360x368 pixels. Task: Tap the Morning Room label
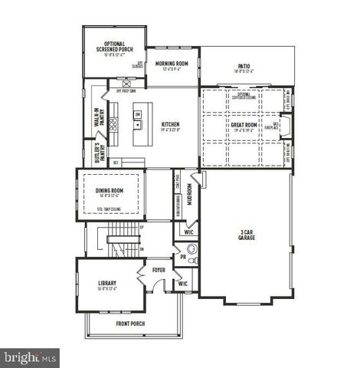[x=172, y=64]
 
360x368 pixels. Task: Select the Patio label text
[x=244, y=67]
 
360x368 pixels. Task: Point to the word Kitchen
[x=169, y=124]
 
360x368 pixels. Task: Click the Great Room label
[x=243, y=124]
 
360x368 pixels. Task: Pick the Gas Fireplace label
[x=277, y=125]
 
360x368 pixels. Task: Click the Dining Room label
[x=110, y=190]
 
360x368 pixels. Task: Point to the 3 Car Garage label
[x=247, y=235]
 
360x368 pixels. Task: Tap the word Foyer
[x=159, y=270]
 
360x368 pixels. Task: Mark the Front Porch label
[x=133, y=324]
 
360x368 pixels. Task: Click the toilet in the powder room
[x=191, y=250]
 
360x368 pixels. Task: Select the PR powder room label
[x=182, y=258]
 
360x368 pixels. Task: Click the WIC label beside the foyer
[x=182, y=284]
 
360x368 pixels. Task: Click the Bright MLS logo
[x=31, y=356]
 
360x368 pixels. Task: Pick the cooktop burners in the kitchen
[x=113, y=123]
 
